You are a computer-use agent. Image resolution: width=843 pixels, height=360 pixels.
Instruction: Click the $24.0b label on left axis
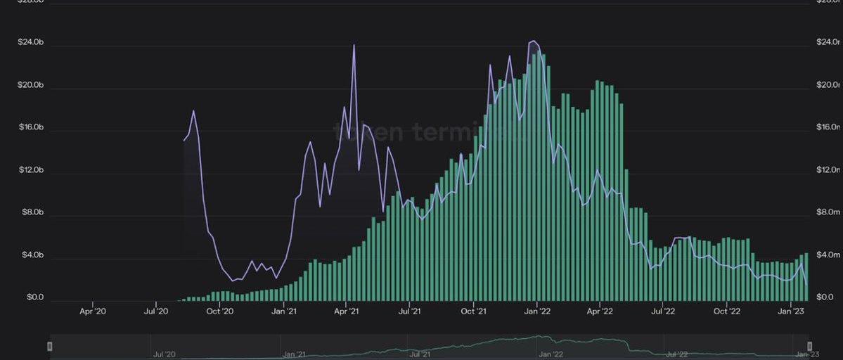point(31,43)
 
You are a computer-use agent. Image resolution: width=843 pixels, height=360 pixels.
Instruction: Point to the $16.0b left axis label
point(31,128)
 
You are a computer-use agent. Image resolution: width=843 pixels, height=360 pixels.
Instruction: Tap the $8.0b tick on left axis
point(32,212)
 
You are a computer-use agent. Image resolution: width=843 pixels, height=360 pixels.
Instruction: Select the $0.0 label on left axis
point(35,297)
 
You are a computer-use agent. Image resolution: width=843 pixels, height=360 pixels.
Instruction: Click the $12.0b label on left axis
point(31,170)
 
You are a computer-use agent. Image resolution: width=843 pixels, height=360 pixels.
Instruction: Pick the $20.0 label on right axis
point(828,85)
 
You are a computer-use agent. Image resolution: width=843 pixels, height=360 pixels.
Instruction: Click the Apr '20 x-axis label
point(93,311)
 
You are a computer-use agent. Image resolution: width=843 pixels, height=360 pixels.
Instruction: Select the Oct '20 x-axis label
point(219,311)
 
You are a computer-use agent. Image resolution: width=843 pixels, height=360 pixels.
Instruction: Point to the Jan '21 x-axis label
point(283,311)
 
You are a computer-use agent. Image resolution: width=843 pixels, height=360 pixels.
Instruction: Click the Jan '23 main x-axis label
point(792,311)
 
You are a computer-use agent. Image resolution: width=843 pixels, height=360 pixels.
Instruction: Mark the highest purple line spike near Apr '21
point(354,46)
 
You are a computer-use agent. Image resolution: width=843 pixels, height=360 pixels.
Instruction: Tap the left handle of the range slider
point(49,346)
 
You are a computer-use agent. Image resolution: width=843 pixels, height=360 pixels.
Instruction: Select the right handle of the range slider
point(809,346)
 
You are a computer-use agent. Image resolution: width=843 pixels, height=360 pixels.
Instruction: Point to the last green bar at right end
point(806,276)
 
